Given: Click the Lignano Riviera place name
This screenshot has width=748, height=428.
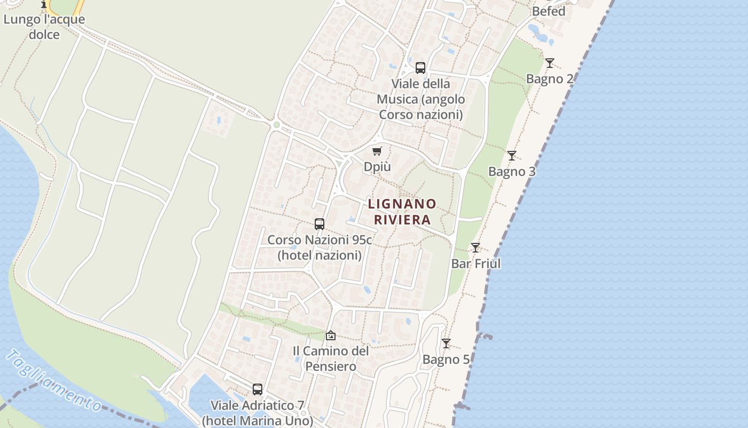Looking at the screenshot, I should click(402, 212).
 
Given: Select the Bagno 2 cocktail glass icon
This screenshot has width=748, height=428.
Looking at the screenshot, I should click(549, 63).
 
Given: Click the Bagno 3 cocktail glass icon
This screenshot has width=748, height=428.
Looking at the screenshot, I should click(511, 156).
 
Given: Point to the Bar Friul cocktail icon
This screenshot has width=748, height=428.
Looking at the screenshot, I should click(475, 248).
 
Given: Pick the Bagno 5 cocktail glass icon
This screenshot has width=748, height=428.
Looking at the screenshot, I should click(446, 343).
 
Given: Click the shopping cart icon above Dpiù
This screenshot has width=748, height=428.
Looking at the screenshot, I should click(377, 151).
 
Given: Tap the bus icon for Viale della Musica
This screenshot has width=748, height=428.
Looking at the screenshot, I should click(420, 68).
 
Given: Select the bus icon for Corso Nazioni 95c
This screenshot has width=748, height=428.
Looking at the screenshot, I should click(320, 224).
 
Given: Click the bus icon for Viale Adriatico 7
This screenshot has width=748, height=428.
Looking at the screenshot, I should click(258, 389).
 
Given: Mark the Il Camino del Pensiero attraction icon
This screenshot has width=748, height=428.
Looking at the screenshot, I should click(331, 335).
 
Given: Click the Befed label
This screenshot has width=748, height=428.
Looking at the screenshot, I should click(548, 11).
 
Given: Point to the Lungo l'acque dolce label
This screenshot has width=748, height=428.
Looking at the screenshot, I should click(44, 27).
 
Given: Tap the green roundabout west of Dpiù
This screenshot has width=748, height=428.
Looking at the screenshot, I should click(276, 125).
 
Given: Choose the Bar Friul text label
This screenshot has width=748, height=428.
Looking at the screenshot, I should click(476, 264).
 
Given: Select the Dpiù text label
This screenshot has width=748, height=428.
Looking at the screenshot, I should click(377, 167).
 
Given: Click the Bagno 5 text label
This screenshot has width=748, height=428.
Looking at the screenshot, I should click(446, 360).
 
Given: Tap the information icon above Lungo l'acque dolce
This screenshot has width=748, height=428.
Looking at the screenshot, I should click(44, 4).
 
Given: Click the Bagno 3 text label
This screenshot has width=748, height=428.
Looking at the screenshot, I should click(511, 172).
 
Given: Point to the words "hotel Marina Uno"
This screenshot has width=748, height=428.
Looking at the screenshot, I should click(258, 421).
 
